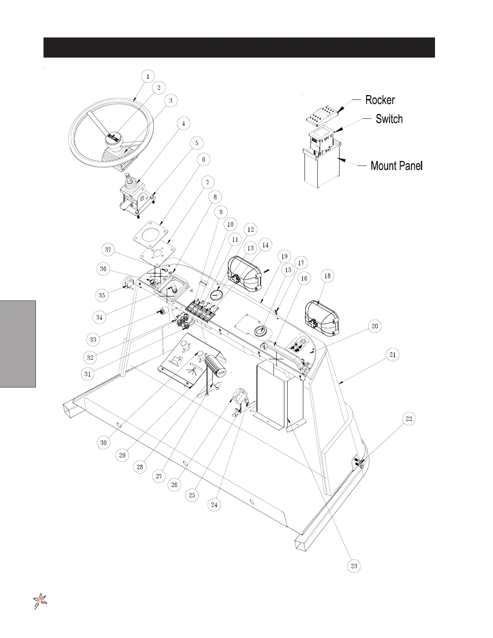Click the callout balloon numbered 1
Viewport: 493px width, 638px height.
[x=148, y=76]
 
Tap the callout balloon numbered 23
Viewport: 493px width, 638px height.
[x=354, y=566]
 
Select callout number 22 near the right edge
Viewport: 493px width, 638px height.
[x=408, y=419]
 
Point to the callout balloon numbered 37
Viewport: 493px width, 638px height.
[x=108, y=250]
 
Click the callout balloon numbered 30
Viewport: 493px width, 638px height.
[x=104, y=443]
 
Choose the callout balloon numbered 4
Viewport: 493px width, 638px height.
[x=183, y=124]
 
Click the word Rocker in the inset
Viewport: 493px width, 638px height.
[x=380, y=100]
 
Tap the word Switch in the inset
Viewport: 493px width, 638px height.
[x=389, y=119]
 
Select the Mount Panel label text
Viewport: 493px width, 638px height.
[x=396, y=166]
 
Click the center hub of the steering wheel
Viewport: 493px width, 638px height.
[x=114, y=139]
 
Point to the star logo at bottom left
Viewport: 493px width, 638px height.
[x=40, y=601]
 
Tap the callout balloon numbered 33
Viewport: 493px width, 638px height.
[x=93, y=339]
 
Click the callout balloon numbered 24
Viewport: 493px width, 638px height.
[x=215, y=504]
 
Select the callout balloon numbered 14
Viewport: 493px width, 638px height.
[x=265, y=244]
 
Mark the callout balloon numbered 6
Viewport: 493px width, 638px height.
[x=203, y=160]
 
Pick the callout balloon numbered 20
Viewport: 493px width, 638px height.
[x=375, y=326]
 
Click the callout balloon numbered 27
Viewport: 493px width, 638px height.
[x=159, y=476]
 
